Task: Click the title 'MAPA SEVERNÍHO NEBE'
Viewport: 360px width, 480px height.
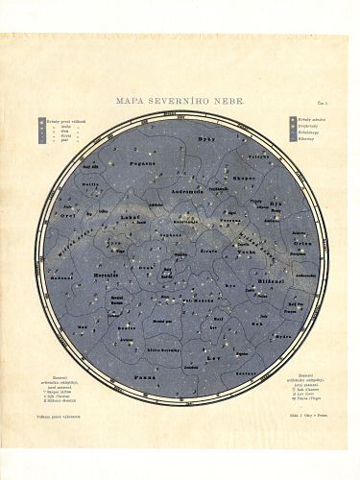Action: click(x=180, y=101)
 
